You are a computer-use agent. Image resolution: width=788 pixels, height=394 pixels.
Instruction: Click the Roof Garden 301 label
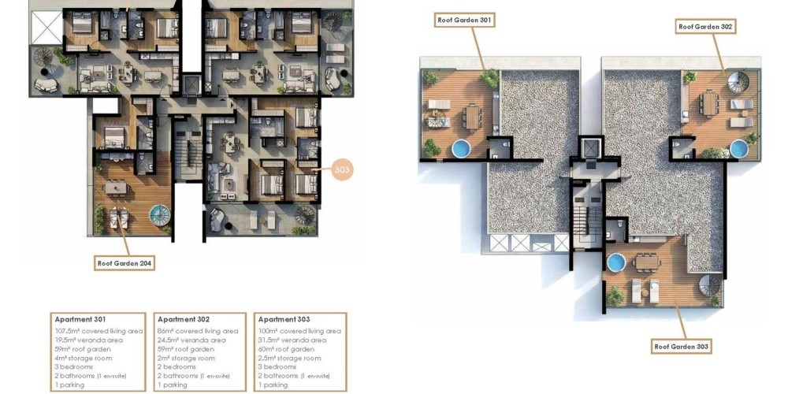464,20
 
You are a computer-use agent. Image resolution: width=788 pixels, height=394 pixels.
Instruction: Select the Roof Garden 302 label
705,27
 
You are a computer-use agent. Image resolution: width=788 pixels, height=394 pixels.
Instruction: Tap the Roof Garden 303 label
681,346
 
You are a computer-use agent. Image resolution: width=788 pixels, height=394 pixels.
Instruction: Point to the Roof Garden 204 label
125,263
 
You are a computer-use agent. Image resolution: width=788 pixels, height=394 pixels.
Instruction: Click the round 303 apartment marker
342,170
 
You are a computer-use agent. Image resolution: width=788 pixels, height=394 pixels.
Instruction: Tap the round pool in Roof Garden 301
461,148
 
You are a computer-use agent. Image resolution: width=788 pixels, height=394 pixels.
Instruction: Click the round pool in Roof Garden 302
739,149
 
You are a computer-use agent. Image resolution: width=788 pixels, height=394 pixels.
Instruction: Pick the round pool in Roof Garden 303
615,262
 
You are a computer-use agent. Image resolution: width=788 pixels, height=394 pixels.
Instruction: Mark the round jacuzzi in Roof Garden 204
160,215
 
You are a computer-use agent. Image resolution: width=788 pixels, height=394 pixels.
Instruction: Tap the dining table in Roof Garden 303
647,262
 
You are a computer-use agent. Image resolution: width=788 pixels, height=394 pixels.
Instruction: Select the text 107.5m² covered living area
99,331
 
